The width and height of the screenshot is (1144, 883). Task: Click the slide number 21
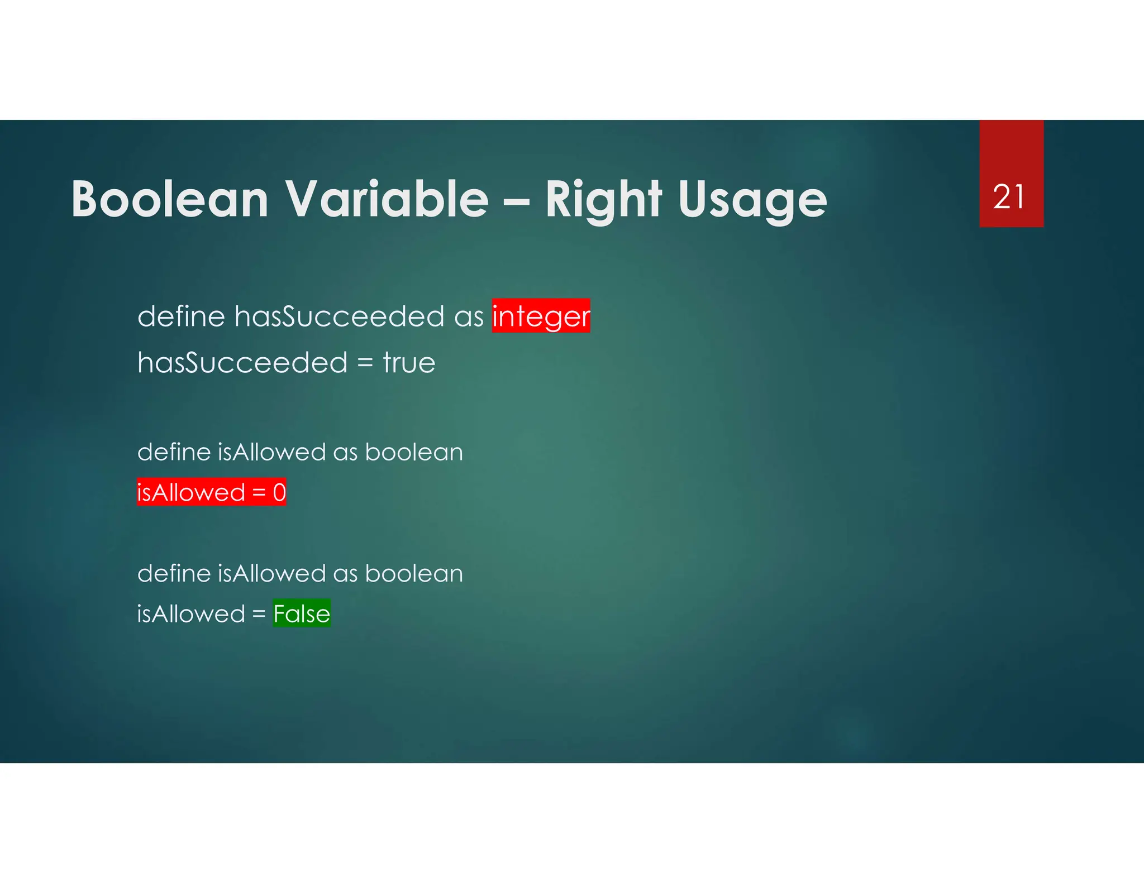click(x=1009, y=197)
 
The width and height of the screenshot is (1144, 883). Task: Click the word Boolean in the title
click(x=170, y=199)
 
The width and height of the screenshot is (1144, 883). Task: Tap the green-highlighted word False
click(x=302, y=614)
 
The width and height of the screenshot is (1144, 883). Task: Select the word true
click(x=409, y=363)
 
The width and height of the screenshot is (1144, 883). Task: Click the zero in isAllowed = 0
click(x=279, y=493)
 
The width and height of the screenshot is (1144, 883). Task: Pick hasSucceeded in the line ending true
click(x=242, y=363)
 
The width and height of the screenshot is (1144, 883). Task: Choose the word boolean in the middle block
click(x=413, y=452)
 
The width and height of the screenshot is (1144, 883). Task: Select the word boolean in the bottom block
click(x=413, y=574)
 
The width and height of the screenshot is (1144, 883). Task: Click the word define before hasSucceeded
click(x=181, y=316)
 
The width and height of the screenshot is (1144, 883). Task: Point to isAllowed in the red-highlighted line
click(x=191, y=493)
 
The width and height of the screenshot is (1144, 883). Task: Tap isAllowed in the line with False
click(x=191, y=614)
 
